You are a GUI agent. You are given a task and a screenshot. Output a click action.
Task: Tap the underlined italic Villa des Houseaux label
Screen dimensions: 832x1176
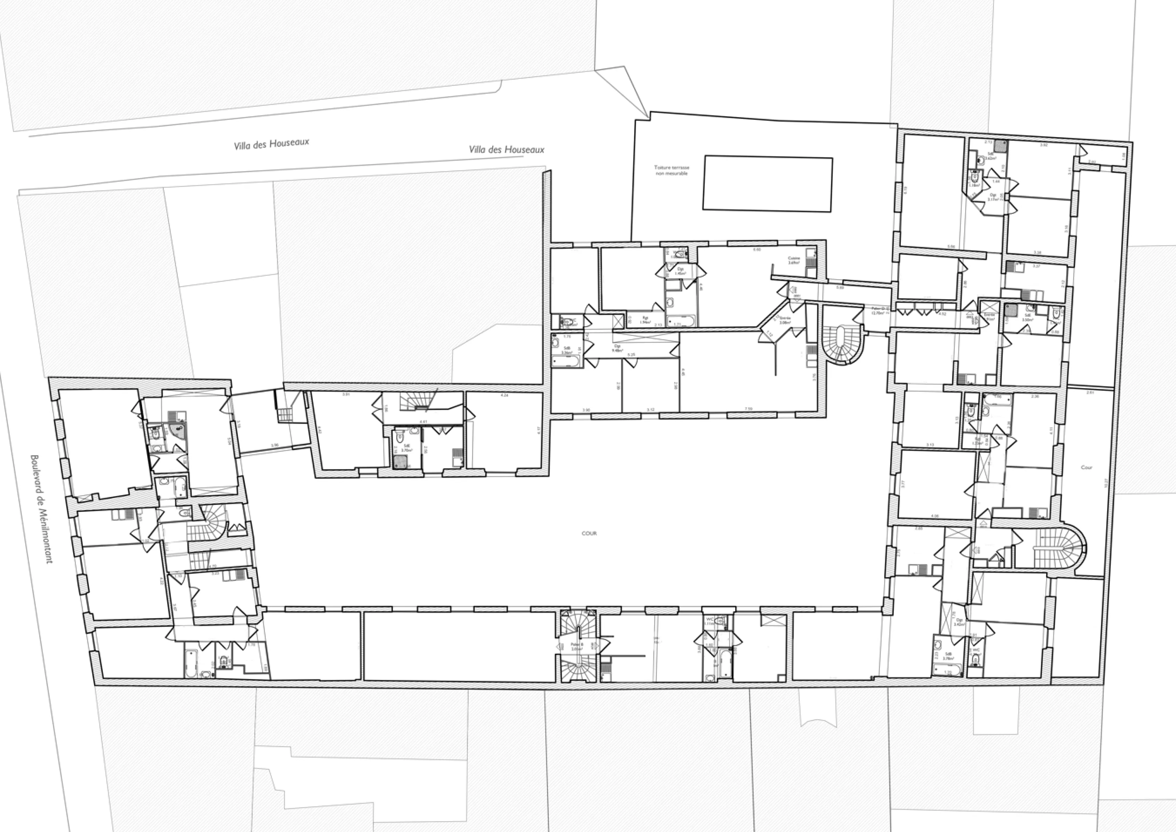coord(506,150)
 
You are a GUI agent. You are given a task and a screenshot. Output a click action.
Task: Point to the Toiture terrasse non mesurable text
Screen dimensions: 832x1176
coord(672,170)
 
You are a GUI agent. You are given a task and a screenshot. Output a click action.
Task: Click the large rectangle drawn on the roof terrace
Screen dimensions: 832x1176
coord(767,183)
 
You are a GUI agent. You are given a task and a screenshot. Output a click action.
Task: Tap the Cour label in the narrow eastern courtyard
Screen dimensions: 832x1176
coord(1086,467)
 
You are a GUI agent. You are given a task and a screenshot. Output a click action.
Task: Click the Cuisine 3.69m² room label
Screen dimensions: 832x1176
coord(794,260)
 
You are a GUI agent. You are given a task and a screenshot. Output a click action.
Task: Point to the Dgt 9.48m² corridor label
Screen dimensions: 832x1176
coord(618,348)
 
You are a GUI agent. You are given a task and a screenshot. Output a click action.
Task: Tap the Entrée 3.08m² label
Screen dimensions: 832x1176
coord(785,320)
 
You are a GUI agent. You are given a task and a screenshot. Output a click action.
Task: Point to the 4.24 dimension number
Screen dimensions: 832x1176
coord(504,395)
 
